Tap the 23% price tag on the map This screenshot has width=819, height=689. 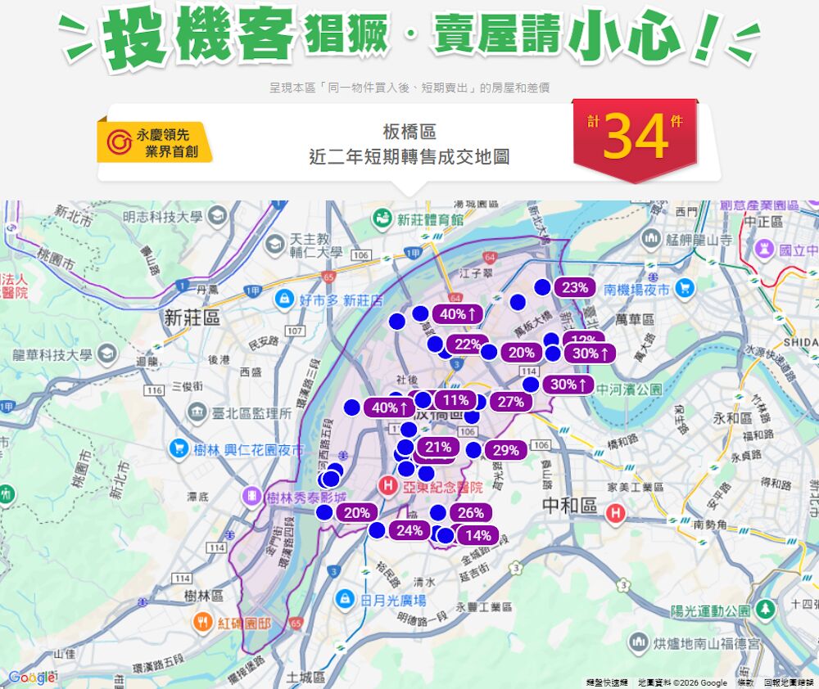click(x=574, y=287)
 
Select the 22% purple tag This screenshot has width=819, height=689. click(x=468, y=344)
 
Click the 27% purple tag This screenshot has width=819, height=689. click(x=510, y=402)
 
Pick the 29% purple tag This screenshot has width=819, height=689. click(x=505, y=450)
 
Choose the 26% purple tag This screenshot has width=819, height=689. click(x=470, y=513)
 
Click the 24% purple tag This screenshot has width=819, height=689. click(x=409, y=530)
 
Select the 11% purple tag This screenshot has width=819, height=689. click(x=451, y=400)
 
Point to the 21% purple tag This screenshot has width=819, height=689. click(x=438, y=447)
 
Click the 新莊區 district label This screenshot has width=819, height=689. click(x=192, y=318)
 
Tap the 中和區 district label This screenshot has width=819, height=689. click(x=570, y=506)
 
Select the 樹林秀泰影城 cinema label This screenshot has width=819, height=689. click(x=305, y=497)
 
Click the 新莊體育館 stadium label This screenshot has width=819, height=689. click(x=430, y=219)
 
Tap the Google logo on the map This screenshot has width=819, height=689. click(x=31, y=678)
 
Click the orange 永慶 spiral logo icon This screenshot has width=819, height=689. click(x=119, y=142)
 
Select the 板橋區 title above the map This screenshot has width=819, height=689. click(x=409, y=132)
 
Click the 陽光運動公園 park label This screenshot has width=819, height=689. click(x=710, y=610)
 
